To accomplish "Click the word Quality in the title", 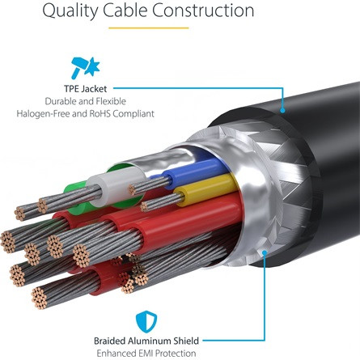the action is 70,11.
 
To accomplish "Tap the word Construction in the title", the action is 203,11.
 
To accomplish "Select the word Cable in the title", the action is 125,11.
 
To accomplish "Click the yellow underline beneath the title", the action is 149,28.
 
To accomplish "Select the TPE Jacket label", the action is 85,89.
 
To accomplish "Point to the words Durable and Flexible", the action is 85,101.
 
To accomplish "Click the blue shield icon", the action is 146,321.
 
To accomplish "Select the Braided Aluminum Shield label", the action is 146,341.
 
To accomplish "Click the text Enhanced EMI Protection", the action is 146,354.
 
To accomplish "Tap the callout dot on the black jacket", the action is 282,110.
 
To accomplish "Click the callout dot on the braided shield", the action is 265,252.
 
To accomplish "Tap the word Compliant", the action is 133,114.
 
